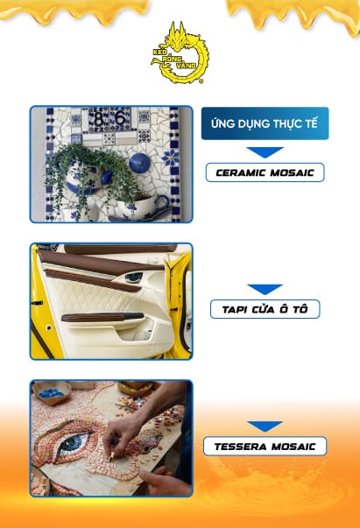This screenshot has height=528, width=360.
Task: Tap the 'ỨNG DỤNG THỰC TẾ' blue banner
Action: pyautogui.click(x=265, y=123)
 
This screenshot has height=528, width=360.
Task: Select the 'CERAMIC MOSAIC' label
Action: pyautogui.click(x=265, y=172)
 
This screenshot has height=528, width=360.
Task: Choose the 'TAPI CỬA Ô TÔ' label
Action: pyautogui.click(x=265, y=309)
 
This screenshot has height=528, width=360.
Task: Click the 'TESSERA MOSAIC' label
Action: pyautogui.click(x=265, y=447)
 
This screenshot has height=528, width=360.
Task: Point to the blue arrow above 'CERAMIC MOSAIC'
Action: pyautogui.click(x=265, y=151)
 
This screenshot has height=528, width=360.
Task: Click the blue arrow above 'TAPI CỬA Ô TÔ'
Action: pyautogui.click(x=265, y=288)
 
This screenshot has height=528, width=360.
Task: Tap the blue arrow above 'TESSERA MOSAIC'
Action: pyautogui.click(x=265, y=426)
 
